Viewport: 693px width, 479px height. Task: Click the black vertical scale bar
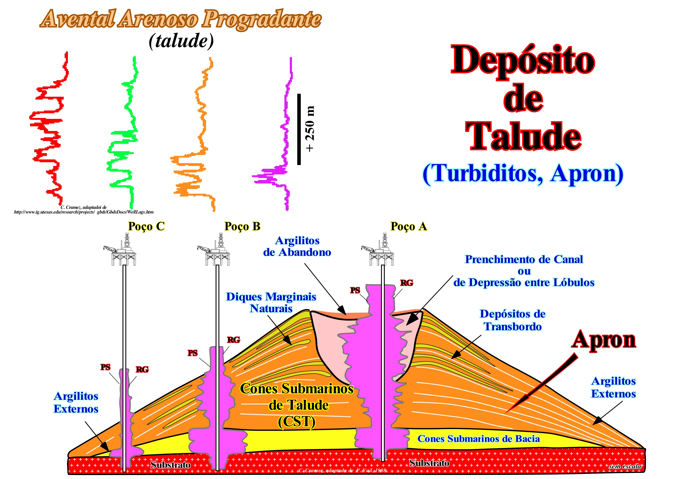tap(299, 129)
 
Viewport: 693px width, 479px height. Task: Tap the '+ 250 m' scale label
tap(310, 129)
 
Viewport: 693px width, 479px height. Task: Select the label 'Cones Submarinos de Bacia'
tap(478, 439)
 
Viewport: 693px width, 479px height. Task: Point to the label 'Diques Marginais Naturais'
tap(271, 302)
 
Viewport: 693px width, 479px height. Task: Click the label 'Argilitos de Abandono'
tap(297, 246)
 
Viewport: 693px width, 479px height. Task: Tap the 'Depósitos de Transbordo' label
tap(512, 320)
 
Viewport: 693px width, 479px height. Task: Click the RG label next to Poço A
tap(407, 283)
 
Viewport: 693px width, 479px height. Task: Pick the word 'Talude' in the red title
tap(523, 137)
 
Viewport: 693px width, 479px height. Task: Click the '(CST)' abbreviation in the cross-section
tap(297, 422)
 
